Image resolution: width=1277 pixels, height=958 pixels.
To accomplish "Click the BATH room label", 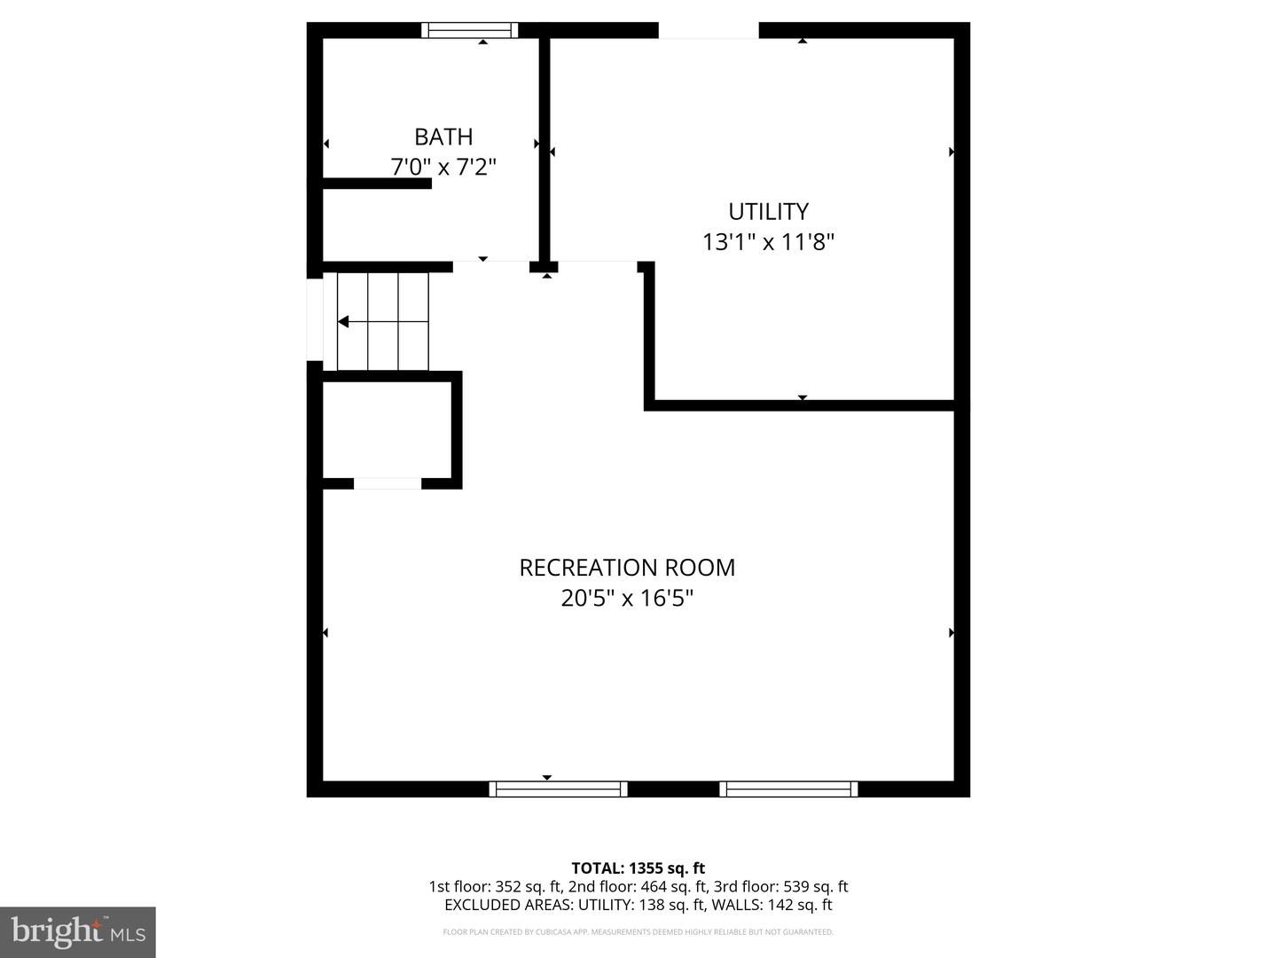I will [x=443, y=137].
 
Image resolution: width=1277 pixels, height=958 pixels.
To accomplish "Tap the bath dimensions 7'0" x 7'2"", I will [x=443, y=167].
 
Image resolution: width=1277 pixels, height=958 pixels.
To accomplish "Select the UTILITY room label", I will [x=768, y=211].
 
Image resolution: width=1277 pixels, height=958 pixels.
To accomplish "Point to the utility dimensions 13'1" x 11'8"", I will [x=768, y=241].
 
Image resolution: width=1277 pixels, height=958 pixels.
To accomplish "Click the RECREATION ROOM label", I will [x=627, y=568].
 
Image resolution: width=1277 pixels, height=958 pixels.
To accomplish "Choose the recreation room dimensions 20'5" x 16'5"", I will [x=627, y=598].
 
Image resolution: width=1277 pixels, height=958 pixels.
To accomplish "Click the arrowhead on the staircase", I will [x=343, y=321].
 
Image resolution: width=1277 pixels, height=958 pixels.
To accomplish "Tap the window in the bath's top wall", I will [x=469, y=30].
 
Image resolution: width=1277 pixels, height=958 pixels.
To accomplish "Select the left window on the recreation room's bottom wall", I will [x=558, y=789].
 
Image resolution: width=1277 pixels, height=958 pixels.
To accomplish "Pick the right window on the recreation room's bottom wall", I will [x=788, y=789].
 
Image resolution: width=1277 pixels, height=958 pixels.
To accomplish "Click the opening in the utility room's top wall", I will [x=709, y=30].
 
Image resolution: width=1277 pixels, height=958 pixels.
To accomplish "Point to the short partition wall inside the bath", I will [x=376, y=184].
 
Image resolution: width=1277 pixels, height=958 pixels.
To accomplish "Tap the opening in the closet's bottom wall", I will [x=388, y=483].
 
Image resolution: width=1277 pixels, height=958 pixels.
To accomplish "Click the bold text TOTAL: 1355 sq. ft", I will [x=638, y=868].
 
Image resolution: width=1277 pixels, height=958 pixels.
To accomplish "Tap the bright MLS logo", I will [x=77, y=931].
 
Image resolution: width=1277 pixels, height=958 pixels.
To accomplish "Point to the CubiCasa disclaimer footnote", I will [x=638, y=932].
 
